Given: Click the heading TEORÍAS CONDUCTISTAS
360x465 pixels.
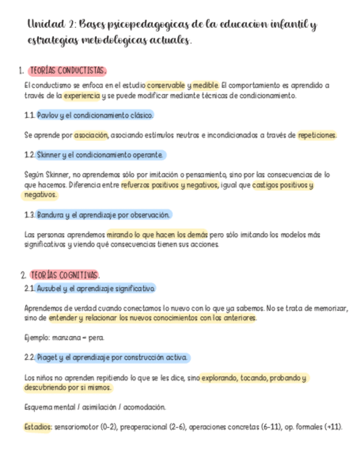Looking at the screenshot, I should pyautogui.click(x=66, y=71).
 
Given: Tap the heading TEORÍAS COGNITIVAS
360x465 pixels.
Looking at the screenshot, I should pyautogui.click(x=64, y=274).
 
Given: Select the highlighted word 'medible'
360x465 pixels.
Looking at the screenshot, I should pyautogui.click(x=206, y=86).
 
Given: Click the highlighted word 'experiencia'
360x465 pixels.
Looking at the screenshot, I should pyautogui.click(x=82, y=95).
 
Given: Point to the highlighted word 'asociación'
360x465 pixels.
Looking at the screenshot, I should pyautogui.click(x=91, y=135).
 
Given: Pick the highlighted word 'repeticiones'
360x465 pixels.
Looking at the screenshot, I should pyautogui.click(x=317, y=135).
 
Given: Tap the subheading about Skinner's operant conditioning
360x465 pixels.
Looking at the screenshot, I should pyautogui.click(x=100, y=155).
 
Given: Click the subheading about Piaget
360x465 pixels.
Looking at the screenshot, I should pyautogui.click(x=112, y=357).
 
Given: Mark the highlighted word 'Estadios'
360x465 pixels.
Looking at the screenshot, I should pyautogui.click(x=37, y=426).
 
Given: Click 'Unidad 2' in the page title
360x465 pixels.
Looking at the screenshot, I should pyautogui.click(x=50, y=25).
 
